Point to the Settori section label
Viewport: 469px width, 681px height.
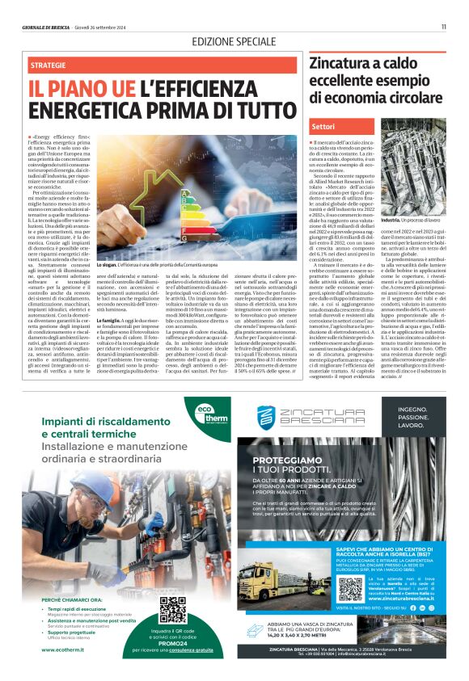point(323,127)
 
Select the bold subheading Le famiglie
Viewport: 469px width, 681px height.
point(112,343)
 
